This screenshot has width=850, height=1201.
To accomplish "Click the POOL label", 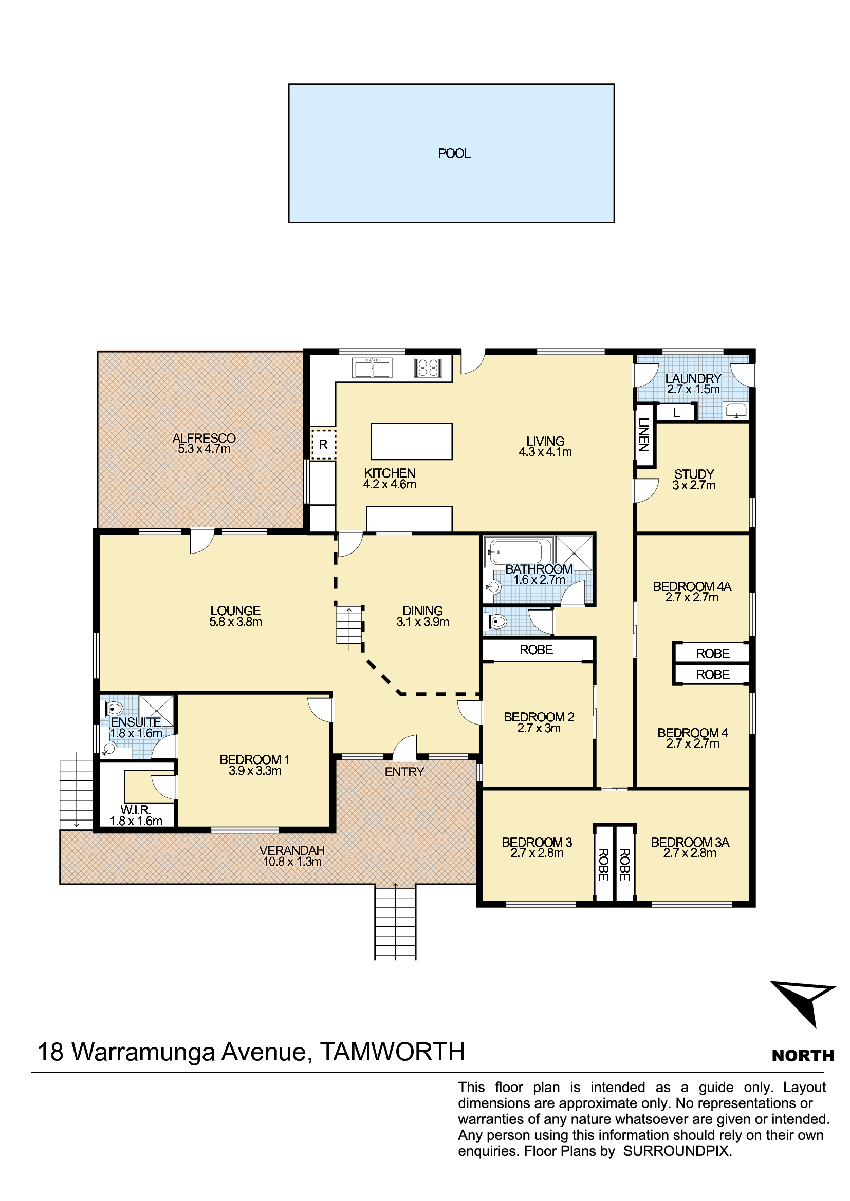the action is click(x=454, y=153).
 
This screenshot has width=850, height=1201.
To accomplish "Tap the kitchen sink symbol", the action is click(x=372, y=368).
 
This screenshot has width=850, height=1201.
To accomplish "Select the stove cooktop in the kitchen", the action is click(x=428, y=367).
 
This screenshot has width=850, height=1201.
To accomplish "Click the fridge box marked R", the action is click(x=323, y=444).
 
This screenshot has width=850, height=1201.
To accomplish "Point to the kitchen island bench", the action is click(x=412, y=442).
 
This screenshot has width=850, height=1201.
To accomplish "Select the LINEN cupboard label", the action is click(x=644, y=435).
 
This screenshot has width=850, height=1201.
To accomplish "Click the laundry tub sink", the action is click(x=736, y=410).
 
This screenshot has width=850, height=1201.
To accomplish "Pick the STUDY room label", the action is click(x=694, y=474).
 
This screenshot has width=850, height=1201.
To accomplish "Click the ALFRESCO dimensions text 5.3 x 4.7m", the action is click(x=204, y=449).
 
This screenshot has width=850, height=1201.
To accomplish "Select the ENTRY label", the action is click(x=404, y=772).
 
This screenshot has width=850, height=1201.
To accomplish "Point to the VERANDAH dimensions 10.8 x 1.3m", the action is click(x=292, y=862).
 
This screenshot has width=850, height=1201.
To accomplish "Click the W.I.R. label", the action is click(x=135, y=810).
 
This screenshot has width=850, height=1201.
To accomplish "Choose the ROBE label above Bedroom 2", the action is click(x=537, y=650).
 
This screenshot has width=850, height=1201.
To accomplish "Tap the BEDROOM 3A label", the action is click(x=690, y=842).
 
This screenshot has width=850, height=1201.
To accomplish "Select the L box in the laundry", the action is click(x=676, y=412).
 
